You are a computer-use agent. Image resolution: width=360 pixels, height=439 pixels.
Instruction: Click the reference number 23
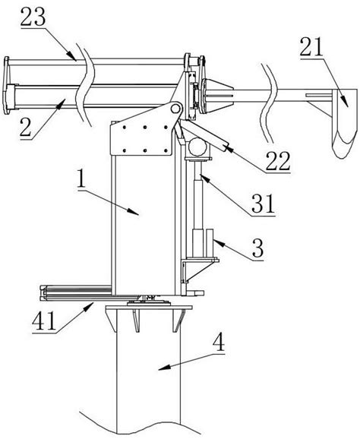[x=33, y=18]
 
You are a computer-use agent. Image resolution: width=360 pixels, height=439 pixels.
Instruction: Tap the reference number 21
[x=311, y=47]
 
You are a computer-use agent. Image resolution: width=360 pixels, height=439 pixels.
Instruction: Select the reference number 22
[x=278, y=161]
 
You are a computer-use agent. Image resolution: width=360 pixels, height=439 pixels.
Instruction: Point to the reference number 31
[x=263, y=204]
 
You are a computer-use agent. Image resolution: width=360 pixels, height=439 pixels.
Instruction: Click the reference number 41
[x=44, y=321]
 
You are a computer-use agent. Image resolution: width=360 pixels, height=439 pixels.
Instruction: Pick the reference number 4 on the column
[x=219, y=343]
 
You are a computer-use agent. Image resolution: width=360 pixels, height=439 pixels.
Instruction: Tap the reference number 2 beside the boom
[x=26, y=128]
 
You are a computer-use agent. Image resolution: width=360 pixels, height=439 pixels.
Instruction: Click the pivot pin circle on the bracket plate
[x=175, y=108]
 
